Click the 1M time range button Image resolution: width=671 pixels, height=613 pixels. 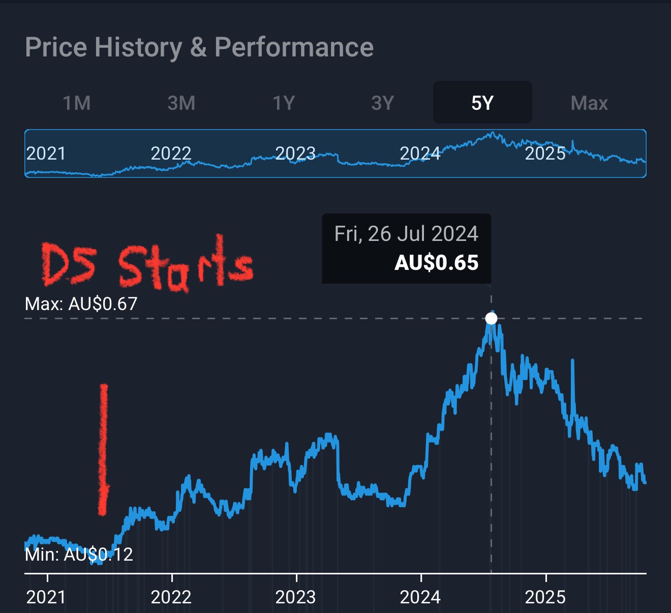coord(77,103)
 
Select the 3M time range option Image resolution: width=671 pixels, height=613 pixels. coord(181,103)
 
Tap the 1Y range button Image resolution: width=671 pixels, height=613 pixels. coord(284,103)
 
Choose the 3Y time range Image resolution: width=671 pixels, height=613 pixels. coord(383,103)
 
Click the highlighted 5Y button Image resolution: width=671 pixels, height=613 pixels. coord(482,103)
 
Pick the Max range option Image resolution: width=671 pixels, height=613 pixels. coord(589,103)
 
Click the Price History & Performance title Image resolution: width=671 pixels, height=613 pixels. coord(199,48)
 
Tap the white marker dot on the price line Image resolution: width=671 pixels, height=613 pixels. coord(491,318)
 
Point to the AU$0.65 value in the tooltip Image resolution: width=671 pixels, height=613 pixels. coord(437,263)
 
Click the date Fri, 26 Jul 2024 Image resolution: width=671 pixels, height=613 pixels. coord(406,234)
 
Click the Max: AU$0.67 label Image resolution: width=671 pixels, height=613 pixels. coord(81,304)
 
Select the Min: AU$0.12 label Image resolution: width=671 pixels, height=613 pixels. coord(79,555)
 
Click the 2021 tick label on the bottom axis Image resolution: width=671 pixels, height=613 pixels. coord(46,597)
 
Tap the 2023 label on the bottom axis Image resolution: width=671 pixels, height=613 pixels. coord(295,597)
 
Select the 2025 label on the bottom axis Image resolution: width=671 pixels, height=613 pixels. coord(545,597)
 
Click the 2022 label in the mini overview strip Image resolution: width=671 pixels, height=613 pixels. coord(171,154)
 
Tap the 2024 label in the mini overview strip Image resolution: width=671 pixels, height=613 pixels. coord(420,154)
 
